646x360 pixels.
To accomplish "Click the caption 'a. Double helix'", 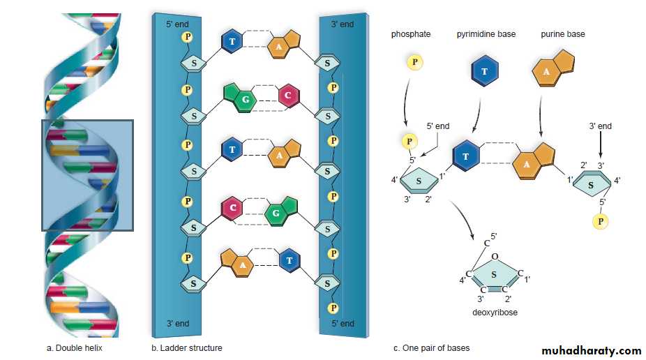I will pyautogui.click(x=75, y=347).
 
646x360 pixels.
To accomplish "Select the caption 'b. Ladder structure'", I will pyautogui.click(x=186, y=347).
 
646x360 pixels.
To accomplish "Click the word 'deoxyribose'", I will pyautogui.click(x=495, y=313).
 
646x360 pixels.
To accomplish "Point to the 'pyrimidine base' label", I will pyautogui.click(x=486, y=33).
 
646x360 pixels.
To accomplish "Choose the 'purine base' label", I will pyautogui.click(x=563, y=33).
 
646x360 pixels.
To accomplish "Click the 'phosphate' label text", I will pyautogui.click(x=411, y=33).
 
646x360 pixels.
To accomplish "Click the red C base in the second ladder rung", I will pyautogui.click(x=289, y=96).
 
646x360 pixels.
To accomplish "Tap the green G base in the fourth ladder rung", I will pyautogui.click(x=279, y=211).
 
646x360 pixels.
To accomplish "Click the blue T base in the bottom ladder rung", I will pyautogui.click(x=290, y=261).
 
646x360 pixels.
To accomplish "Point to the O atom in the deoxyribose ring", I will pyautogui.click(x=494, y=256).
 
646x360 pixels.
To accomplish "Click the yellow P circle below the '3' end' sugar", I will pyautogui.click(x=599, y=221).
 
